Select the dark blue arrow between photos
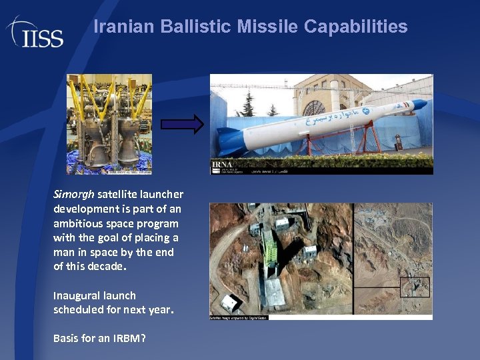pos(182,124)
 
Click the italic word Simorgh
pos(74,195)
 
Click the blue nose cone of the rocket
pos(419,105)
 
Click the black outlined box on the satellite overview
pos(414,287)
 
